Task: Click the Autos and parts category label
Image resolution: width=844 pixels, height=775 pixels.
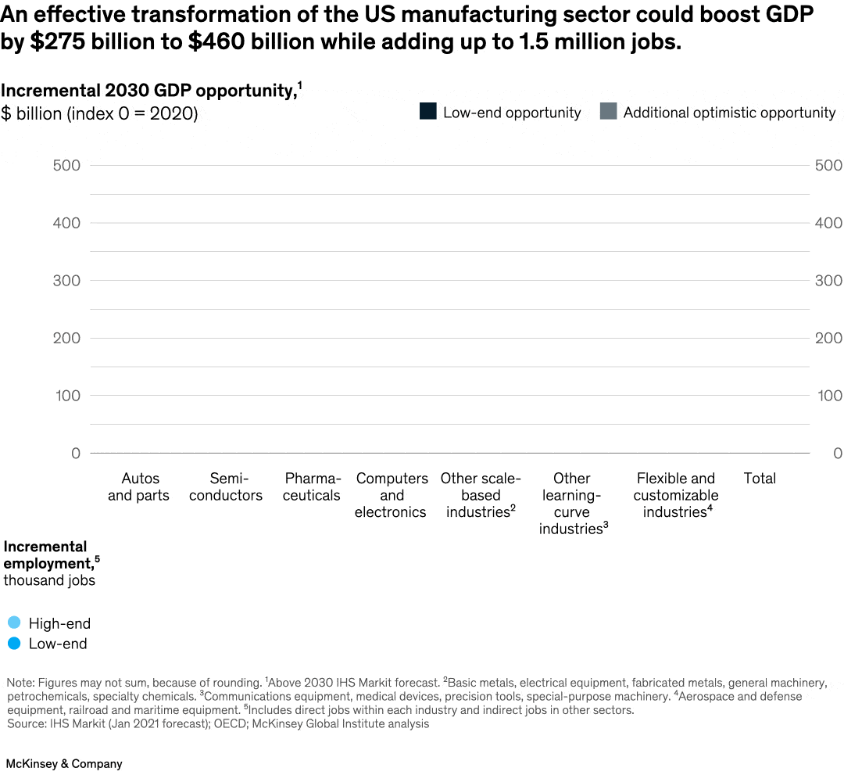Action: [138, 486]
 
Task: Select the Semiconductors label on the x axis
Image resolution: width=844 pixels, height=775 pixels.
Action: [225, 486]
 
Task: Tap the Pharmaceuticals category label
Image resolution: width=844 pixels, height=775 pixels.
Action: [312, 486]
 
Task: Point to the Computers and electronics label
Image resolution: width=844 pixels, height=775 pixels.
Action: [392, 495]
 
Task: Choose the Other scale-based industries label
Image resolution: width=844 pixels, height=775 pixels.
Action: [480, 495]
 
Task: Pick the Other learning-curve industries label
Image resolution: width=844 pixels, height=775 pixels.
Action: [572, 504]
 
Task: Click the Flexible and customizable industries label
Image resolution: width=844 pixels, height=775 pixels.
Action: [675, 495]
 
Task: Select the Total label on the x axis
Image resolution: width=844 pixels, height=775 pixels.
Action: [760, 478]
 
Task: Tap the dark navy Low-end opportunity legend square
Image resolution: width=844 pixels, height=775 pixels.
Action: [427, 112]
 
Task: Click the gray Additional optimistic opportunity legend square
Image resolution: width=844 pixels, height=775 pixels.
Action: [608, 112]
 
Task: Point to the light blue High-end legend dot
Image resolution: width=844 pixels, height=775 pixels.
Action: [14, 623]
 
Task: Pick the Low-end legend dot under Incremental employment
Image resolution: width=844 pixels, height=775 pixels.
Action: [14, 644]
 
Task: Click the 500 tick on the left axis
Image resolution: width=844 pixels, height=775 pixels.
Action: [66, 165]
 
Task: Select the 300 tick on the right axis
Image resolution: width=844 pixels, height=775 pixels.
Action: [828, 280]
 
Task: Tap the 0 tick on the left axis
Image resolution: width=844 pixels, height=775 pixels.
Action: [75, 453]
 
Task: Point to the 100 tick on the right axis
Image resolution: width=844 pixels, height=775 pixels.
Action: [828, 395]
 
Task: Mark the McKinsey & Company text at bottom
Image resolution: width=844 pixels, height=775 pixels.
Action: [64, 763]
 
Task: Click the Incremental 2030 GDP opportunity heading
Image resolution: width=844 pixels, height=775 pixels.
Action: [148, 91]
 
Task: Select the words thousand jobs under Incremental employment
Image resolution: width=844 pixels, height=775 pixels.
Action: [49, 580]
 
